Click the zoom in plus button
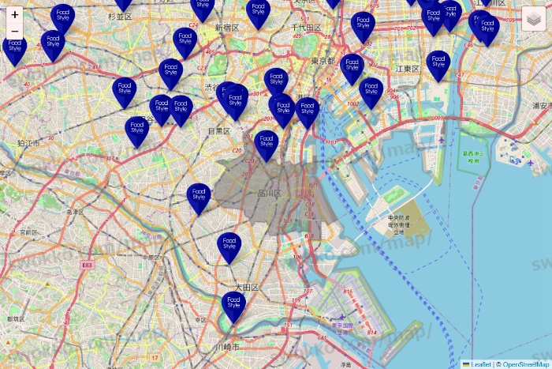(x=15, y=14)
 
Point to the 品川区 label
(x=270, y=193)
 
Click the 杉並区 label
(x=120, y=16)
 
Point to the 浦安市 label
(x=542, y=105)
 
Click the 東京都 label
(x=323, y=61)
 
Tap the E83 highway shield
(x=86, y=266)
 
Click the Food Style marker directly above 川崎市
(x=233, y=305)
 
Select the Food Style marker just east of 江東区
(x=438, y=64)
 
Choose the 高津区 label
(x=75, y=212)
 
